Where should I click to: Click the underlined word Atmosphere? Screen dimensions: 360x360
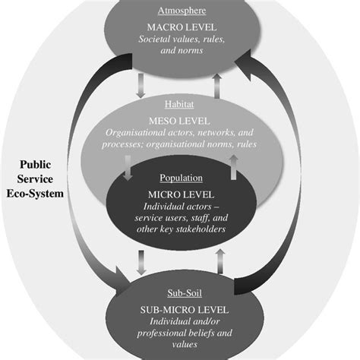coord(181,11)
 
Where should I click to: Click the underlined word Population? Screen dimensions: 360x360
coord(181,178)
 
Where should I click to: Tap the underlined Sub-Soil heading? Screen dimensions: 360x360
coord(181,290)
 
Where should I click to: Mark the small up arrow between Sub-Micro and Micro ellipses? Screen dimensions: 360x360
coord(219,262)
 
